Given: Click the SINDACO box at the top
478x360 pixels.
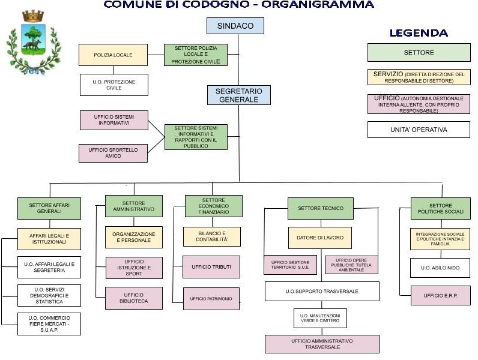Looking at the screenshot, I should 235,26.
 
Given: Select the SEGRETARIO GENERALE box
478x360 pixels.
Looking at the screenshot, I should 238,95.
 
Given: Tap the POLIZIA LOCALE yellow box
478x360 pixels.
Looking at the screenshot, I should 113,55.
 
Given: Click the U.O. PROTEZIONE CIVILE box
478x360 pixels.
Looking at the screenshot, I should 113,85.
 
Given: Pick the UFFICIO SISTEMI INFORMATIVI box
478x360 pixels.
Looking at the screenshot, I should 113,119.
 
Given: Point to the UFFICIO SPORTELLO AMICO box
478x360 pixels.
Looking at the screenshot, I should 113,152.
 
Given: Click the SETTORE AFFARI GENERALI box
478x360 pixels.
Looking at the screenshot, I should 49,208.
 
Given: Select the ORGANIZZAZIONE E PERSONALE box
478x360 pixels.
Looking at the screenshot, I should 133,237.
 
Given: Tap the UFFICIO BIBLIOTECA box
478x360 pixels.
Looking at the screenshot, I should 133,298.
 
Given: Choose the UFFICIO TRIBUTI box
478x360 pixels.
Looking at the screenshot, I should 211,267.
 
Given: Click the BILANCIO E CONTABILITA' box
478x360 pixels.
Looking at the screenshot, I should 211,236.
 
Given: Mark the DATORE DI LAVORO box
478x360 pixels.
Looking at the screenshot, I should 320,238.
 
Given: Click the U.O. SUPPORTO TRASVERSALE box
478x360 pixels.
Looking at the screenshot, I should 322,291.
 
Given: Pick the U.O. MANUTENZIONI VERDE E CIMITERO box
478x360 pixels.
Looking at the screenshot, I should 321,318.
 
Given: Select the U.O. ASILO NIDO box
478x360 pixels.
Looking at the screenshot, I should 440,268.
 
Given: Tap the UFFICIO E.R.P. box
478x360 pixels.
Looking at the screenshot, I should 440,295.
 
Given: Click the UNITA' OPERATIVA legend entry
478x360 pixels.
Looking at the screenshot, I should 419,130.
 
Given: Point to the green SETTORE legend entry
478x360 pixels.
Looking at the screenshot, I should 419,53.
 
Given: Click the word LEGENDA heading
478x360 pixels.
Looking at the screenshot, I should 419,33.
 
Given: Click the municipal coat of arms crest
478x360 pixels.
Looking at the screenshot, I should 34,42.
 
